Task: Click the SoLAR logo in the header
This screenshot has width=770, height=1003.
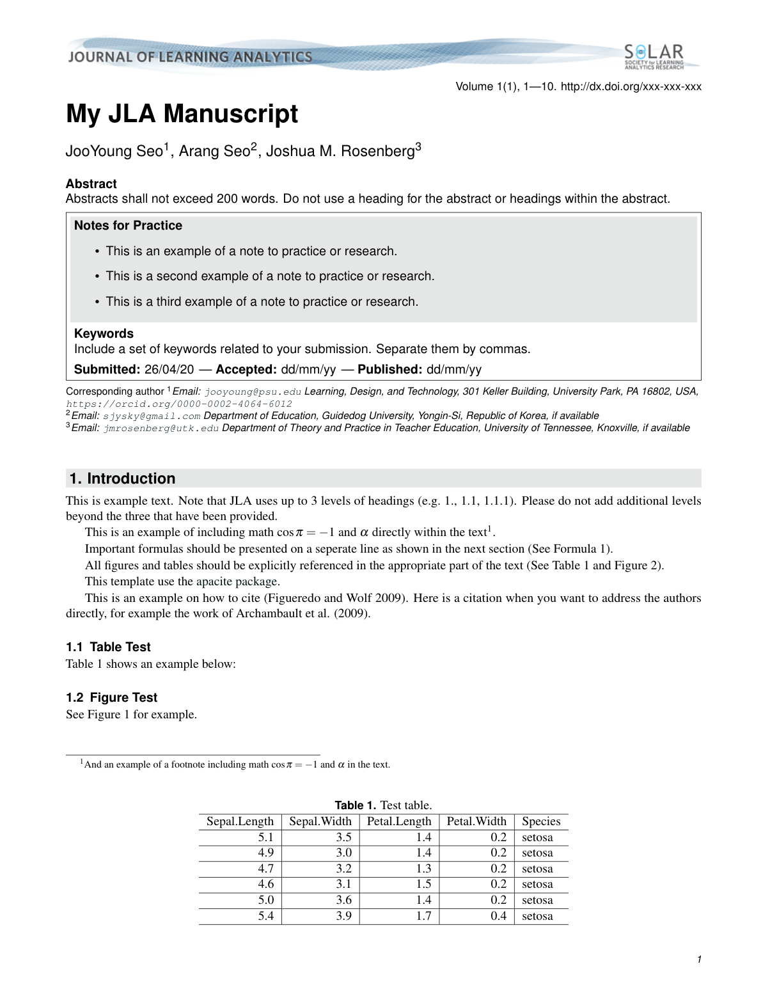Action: pos(654,56)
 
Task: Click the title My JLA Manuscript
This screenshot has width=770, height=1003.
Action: pos(182,114)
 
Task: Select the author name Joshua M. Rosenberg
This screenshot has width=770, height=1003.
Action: pos(340,152)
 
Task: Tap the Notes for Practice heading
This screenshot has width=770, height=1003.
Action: pos(128,226)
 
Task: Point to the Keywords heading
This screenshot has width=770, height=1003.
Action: pos(104,333)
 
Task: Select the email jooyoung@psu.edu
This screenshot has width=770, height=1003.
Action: pos(253,391)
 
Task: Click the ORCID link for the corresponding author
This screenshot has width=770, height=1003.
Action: pos(179,404)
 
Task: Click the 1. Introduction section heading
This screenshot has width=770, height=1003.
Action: pos(122,478)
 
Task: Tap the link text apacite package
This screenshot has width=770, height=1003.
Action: pos(237,581)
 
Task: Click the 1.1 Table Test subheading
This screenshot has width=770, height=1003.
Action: pos(108,647)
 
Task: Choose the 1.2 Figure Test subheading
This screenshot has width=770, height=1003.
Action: pos(111,697)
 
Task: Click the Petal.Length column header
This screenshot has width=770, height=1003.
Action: pos(399,821)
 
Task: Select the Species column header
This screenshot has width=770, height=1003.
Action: pos(541,821)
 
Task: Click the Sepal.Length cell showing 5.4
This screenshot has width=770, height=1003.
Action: pos(265,916)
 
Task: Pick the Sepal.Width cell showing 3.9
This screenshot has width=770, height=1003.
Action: pos(343,916)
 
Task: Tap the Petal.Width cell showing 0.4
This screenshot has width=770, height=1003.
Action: pos(498,916)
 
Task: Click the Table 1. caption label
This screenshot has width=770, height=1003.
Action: pos(356,805)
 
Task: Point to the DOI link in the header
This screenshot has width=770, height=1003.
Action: pos(631,86)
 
